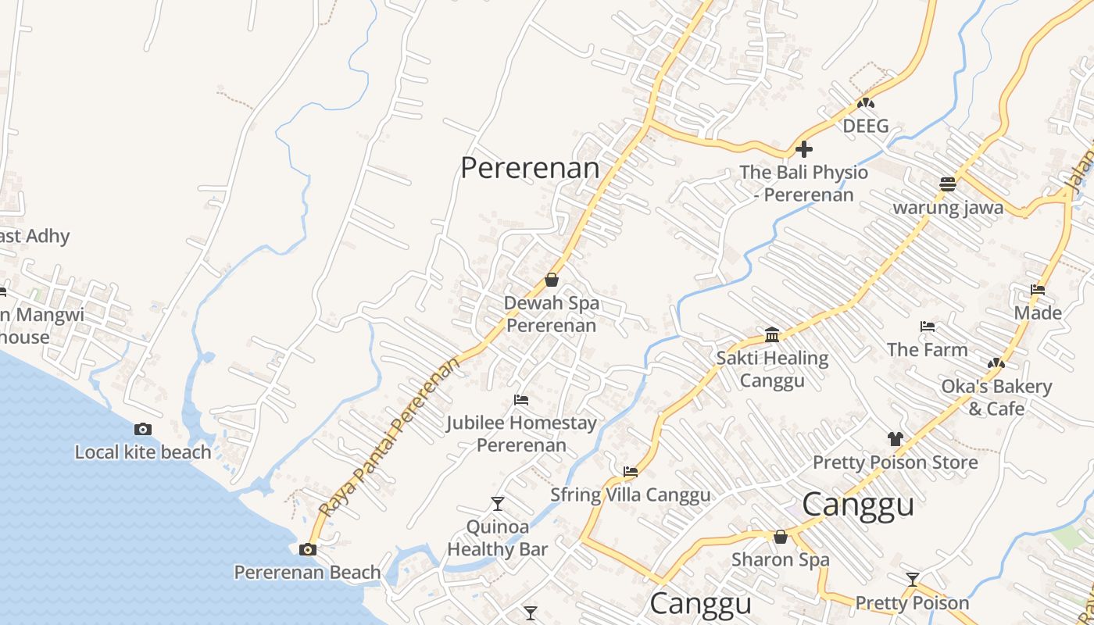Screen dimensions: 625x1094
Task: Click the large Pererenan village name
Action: [530, 167]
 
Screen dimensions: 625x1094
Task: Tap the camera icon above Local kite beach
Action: [143, 429]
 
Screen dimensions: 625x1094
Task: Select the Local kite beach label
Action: [143, 452]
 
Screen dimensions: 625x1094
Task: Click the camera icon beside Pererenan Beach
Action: [308, 549]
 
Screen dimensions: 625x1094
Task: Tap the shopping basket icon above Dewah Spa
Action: [552, 280]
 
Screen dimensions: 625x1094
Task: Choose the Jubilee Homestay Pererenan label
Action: [521, 434]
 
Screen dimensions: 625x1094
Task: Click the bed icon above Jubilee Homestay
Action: [521, 400]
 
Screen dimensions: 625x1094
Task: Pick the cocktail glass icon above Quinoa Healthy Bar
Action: [497, 503]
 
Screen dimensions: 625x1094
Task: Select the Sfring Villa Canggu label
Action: [631, 495]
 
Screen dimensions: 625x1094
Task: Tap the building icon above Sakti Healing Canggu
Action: [772, 335]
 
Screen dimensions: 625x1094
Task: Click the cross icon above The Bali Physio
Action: [804, 149]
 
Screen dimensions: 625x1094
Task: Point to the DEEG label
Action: [866, 126]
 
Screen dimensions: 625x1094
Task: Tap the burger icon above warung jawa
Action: [948, 184]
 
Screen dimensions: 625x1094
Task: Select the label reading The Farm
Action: [928, 349]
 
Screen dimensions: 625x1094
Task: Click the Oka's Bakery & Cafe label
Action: [996, 397]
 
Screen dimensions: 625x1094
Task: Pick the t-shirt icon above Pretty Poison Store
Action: [895, 439]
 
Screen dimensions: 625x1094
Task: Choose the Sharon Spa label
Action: [780, 559]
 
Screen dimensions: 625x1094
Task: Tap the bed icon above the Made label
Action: [1038, 290]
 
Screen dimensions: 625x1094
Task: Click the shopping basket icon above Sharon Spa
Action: [780, 537]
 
